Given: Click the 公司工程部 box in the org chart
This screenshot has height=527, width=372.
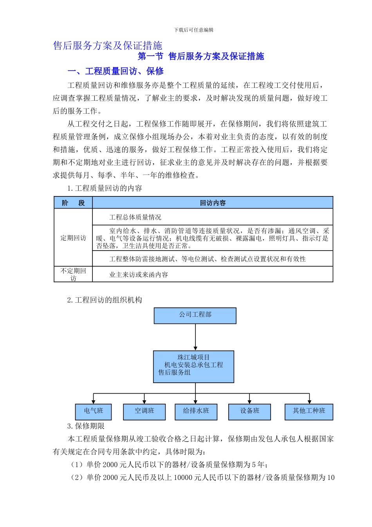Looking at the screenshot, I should [x=195, y=315].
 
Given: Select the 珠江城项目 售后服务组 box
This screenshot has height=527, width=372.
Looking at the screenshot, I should [x=193, y=367].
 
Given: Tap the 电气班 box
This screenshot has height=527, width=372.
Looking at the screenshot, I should [x=93, y=411].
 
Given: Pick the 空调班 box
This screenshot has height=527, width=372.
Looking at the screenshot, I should [x=144, y=411].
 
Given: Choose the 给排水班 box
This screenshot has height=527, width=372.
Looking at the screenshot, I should [x=196, y=411].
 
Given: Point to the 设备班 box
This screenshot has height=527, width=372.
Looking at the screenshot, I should [x=250, y=411].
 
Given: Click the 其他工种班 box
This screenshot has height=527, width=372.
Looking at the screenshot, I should [x=309, y=411].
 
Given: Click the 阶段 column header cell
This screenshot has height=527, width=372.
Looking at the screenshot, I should [x=73, y=203].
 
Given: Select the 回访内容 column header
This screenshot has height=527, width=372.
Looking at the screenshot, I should [x=213, y=203].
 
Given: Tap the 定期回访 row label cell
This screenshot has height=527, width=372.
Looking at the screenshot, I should [x=73, y=238].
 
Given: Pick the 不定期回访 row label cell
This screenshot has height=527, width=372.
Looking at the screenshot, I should [x=73, y=274].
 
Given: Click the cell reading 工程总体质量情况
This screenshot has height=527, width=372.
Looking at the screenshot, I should [x=213, y=217].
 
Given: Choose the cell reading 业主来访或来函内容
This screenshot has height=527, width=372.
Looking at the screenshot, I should [x=213, y=274].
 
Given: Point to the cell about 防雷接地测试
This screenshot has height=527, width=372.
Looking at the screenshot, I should [x=213, y=259].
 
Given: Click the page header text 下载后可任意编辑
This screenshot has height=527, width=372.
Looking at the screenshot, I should [x=194, y=30].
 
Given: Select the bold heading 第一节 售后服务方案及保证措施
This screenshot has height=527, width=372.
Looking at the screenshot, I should [x=201, y=56].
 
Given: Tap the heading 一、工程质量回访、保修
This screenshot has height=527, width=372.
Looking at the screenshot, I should [x=116, y=71].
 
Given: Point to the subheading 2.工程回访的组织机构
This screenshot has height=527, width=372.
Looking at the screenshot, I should [x=105, y=300].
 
